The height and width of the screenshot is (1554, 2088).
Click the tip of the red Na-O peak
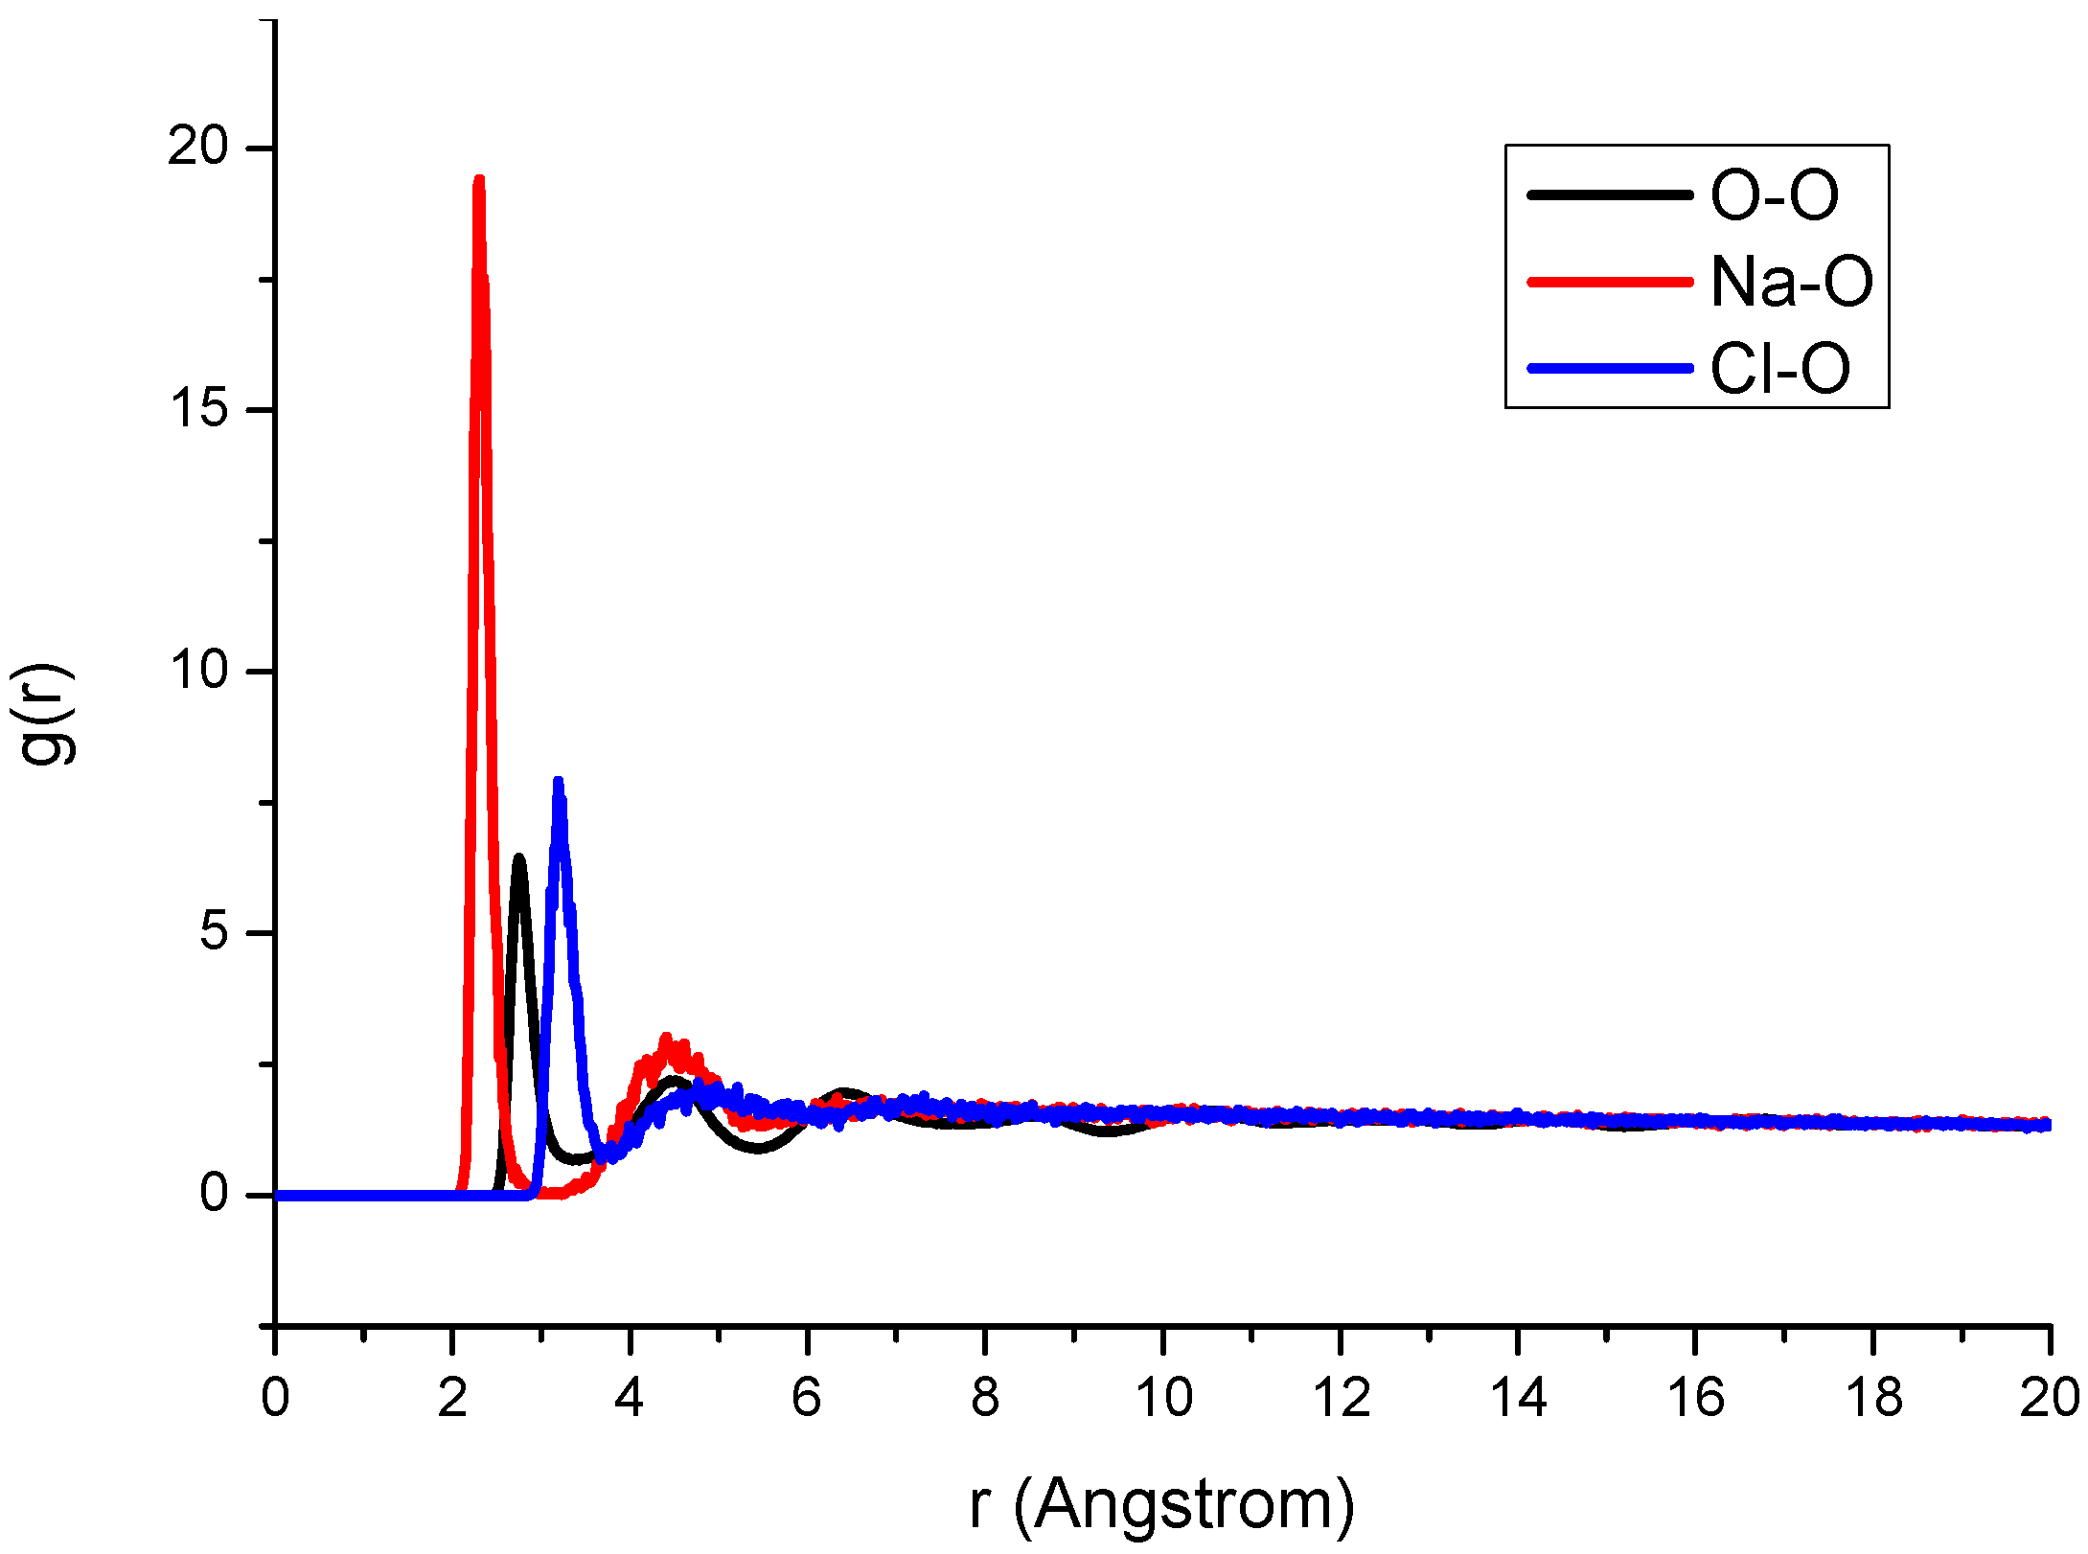click(479, 180)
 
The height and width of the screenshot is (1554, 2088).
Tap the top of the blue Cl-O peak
click(558, 783)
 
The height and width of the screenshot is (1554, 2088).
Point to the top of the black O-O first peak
click(519, 858)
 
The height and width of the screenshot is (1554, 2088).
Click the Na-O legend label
click(1791, 282)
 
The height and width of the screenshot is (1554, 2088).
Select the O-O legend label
click(1775, 195)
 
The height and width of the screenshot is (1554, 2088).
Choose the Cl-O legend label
click(1779, 369)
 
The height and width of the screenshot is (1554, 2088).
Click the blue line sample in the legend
click(1610, 368)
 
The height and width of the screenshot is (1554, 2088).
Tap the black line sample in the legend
click(1610, 194)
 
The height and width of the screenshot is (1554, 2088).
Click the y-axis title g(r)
click(43, 714)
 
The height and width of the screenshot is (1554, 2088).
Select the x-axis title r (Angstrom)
click(1161, 1505)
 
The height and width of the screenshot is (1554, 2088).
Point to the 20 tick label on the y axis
click(198, 147)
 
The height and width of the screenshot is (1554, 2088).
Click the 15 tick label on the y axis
click(198, 409)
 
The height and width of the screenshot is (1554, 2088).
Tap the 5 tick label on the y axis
click(214, 931)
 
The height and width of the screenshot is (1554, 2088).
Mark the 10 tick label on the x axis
click(1163, 1398)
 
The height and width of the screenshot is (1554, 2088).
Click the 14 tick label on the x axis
click(1519, 1398)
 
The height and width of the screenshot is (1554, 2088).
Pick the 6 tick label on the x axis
click(807, 1398)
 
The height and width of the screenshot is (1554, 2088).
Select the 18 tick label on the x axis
click(1873, 1398)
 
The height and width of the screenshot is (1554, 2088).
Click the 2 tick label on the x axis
click(452, 1398)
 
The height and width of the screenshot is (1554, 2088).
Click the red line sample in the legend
click(1610, 282)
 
